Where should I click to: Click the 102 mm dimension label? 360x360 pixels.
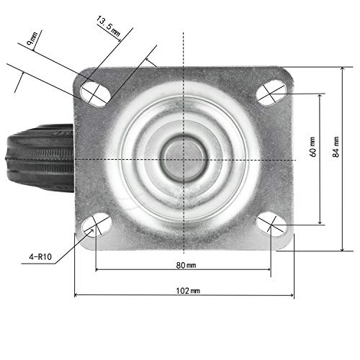click(x=189, y=290)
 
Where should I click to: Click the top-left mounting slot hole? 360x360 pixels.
click(x=94, y=91)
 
